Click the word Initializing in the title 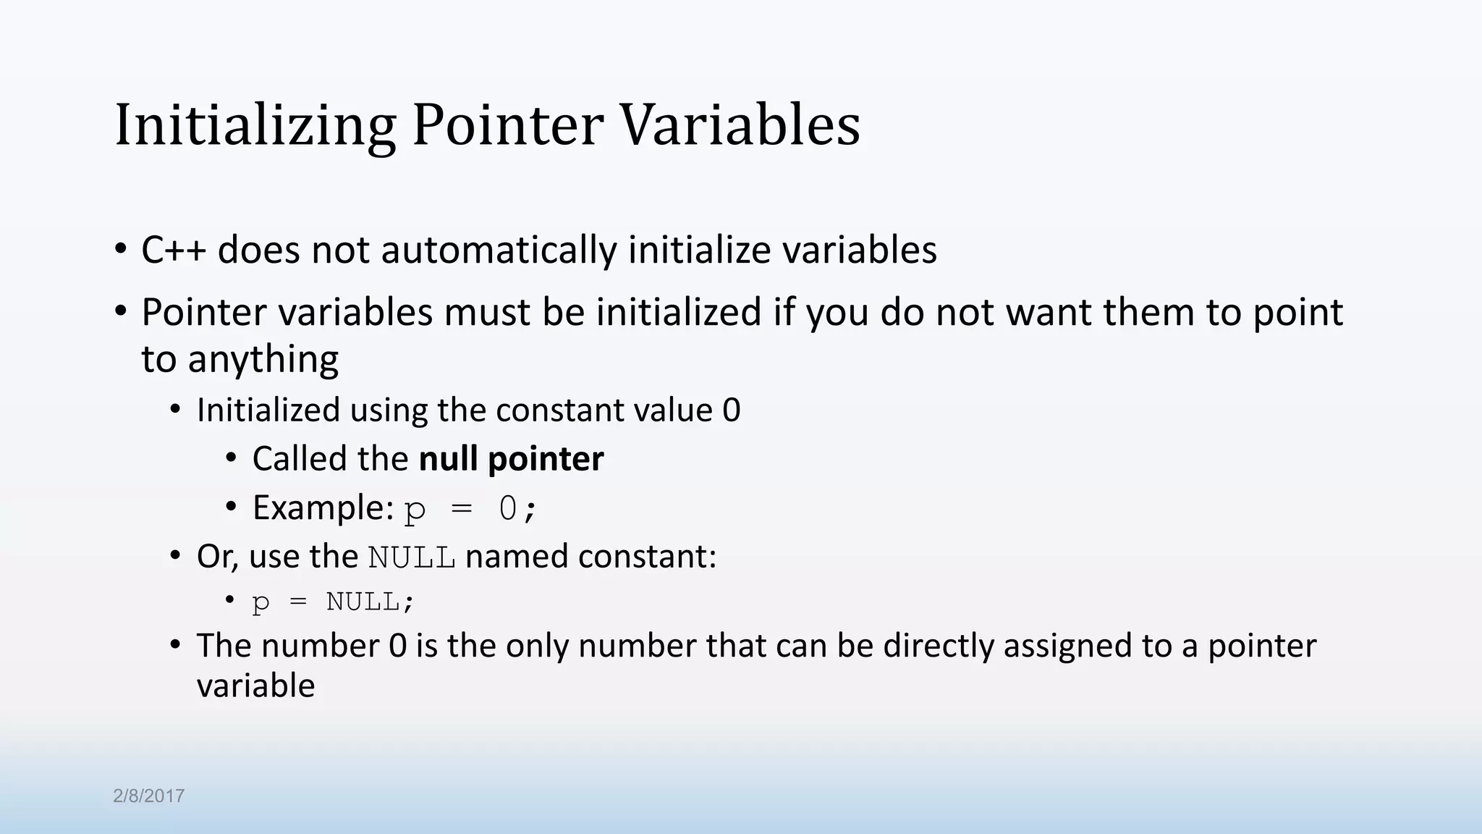click(255, 125)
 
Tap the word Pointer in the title click(507, 125)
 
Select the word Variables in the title click(740, 125)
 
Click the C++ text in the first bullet click(174, 250)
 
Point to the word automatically click(499, 250)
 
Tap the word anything click(263, 359)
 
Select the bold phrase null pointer click(511, 459)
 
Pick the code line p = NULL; click(333, 602)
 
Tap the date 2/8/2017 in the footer click(148, 796)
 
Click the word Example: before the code click(323, 507)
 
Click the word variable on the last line click(255, 686)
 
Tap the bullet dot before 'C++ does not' click(120, 249)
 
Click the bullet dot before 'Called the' click(231, 458)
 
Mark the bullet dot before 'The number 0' click(175, 644)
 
